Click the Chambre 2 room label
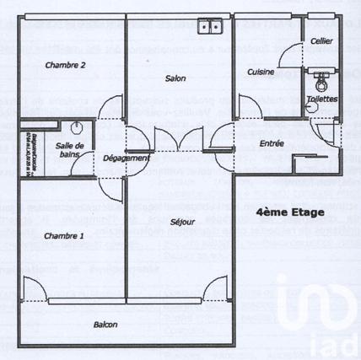pos(65,65)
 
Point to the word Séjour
pos(181,223)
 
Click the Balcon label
pos(105,325)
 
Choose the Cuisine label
pos(261,73)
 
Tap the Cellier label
pos(321,40)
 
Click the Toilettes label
pos(322,99)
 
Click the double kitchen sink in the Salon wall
pos(211,28)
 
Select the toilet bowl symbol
pos(321,83)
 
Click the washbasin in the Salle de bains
pos(77,129)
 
